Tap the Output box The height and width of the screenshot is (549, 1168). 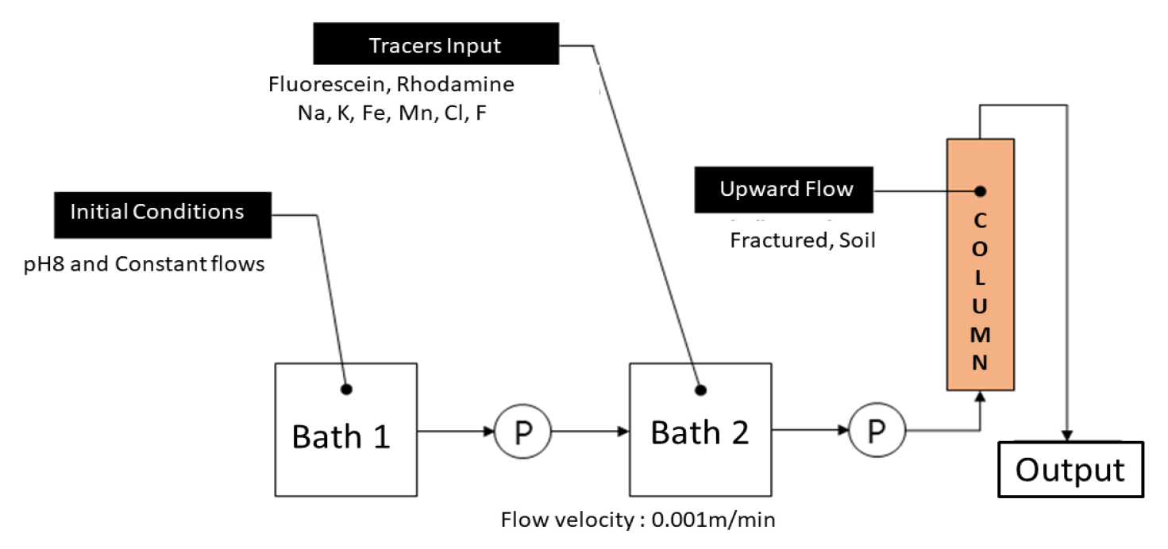[x=1070, y=470]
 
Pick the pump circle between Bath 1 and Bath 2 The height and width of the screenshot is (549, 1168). [x=522, y=432]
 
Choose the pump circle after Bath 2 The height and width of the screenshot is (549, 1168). [x=877, y=432]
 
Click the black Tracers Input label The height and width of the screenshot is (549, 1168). [x=435, y=46]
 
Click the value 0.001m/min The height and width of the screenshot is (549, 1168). [x=712, y=521]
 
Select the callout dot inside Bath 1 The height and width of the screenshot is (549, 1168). [x=346, y=389]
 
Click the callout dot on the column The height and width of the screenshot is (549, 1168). [x=981, y=191]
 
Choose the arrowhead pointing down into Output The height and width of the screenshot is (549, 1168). [x=1069, y=436]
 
